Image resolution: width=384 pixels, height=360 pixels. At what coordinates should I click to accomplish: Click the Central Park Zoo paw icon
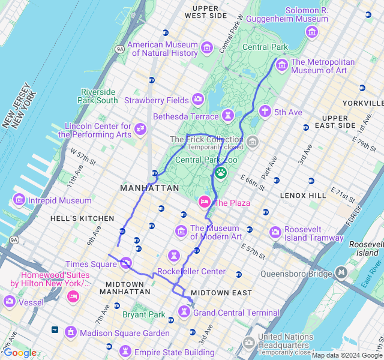click(221, 173)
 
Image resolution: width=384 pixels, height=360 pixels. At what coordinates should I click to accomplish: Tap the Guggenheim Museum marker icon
click(311, 32)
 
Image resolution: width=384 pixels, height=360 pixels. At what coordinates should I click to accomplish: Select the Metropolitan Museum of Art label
click(323, 66)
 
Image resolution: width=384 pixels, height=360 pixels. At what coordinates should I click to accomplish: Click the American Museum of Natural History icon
click(207, 47)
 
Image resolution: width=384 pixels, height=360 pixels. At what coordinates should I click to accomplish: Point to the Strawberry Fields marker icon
click(198, 100)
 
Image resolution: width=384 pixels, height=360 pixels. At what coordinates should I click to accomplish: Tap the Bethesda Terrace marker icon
click(227, 115)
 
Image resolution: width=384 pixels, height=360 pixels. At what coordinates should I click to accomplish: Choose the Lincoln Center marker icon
click(140, 128)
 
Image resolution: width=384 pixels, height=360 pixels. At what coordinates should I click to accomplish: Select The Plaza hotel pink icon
click(205, 202)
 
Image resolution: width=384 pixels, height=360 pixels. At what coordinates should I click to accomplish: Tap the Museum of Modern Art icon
click(181, 231)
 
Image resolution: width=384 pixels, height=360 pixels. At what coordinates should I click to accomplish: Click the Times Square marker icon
click(125, 263)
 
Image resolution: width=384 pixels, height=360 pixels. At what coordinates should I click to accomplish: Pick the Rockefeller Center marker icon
click(173, 256)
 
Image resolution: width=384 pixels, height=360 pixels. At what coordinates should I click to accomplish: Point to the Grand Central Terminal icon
click(184, 311)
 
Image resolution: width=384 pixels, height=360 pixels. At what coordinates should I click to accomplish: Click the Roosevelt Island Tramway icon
click(275, 232)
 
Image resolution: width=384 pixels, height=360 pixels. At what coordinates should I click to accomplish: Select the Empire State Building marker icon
click(125, 351)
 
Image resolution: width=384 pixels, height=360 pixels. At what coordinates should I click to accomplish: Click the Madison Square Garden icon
click(71, 332)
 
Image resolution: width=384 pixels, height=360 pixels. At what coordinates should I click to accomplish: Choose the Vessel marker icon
click(9, 301)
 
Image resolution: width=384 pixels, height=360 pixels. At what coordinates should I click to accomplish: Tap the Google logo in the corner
click(20, 352)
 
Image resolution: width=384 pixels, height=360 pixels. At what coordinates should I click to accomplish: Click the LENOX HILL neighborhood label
click(303, 196)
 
